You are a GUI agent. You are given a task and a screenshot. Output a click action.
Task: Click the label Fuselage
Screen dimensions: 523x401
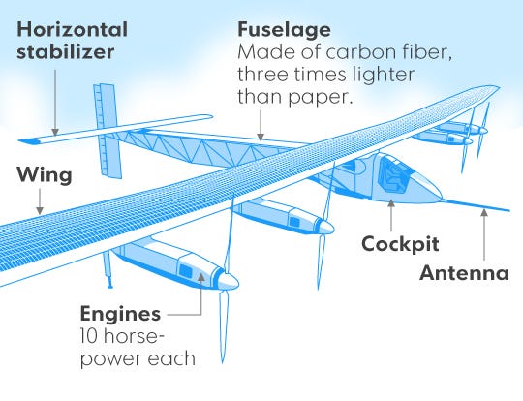(284, 31)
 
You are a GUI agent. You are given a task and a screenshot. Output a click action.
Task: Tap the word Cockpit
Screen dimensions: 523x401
(400, 244)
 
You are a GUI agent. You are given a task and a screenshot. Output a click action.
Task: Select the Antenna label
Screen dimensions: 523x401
(464, 272)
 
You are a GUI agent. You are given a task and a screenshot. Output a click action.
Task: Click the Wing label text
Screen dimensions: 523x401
(45, 175)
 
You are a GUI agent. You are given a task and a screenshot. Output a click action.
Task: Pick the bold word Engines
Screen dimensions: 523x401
(120, 314)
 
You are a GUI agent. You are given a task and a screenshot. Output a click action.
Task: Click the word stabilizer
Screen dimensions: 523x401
(66, 52)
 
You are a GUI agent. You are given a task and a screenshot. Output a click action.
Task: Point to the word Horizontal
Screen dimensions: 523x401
(72, 29)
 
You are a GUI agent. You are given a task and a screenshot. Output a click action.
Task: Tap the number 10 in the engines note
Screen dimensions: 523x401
(89, 336)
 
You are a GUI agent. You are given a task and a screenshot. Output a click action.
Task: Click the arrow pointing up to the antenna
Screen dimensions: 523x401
(484, 234)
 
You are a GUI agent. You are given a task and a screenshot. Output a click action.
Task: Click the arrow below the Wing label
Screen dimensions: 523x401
(40, 201)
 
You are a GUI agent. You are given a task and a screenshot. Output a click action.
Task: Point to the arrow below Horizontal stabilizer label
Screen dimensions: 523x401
(55, 103)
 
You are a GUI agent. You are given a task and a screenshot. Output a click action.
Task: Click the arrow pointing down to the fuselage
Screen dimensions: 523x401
(261, 126)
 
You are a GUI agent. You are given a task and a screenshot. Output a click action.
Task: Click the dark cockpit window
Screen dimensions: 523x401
(393, 174)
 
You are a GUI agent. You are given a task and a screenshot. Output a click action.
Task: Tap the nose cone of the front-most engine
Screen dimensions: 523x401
(229, 282)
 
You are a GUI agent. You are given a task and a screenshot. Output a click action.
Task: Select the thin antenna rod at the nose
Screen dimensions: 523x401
(476, 205)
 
